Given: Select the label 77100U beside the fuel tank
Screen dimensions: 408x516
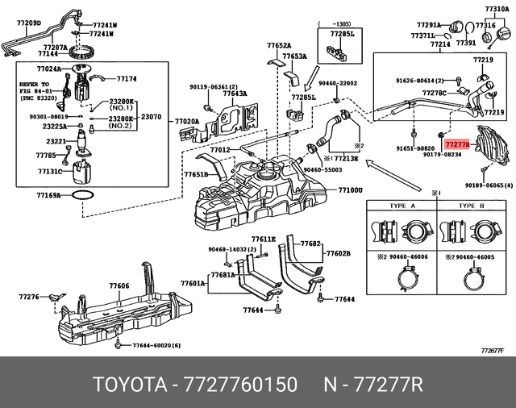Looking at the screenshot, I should (350, 190).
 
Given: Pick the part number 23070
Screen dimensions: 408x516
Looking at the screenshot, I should (152, 117).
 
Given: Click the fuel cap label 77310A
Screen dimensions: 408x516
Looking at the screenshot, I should (497, 8).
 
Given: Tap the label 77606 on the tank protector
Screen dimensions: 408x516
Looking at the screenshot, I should (119, 286).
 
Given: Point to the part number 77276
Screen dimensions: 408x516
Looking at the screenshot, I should (28, 298).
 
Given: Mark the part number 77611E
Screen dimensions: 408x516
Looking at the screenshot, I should (264, 239).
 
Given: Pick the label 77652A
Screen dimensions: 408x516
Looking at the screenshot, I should (279, 46).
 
